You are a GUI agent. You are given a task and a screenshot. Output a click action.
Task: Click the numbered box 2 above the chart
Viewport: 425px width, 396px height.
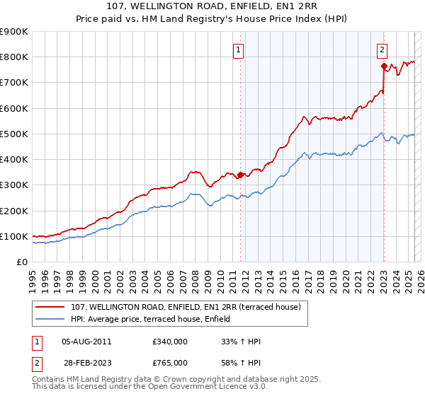click(x=382, y=50)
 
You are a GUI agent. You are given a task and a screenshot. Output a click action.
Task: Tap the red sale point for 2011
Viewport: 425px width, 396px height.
click(x=240, y=175)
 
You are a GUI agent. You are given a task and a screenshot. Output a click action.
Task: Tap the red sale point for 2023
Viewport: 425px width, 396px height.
click(x=384, y=66)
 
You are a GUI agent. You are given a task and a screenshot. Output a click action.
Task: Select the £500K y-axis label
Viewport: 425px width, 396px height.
click(x=14, y=134)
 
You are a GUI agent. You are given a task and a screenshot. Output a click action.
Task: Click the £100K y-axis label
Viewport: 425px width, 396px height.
click(x=14, y=236)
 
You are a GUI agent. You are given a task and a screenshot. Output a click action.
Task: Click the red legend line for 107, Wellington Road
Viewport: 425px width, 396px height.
click(x=51, y=307)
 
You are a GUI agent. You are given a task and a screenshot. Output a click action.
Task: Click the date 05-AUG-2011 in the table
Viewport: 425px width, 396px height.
click(x=86, y=342)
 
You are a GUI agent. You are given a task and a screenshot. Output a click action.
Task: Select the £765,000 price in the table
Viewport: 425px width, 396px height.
click(x=170, y=362)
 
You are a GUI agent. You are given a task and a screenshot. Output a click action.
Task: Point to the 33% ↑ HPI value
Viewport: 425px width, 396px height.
click(x=241, y=342)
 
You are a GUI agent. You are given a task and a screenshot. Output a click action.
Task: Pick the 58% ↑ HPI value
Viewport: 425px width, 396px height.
click(x=241, y=362)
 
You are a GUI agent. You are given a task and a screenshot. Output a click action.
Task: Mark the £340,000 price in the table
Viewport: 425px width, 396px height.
click(x=170, y=342)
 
